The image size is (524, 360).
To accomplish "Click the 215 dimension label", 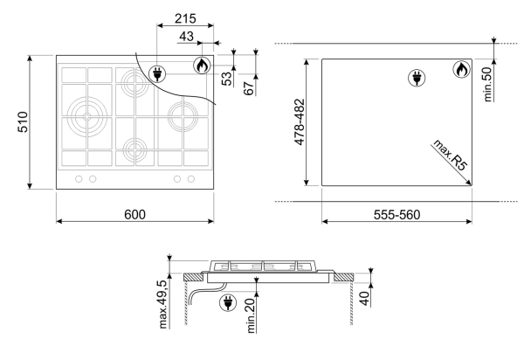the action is coord(185,18).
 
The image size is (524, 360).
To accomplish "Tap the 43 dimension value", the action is coord(186,37).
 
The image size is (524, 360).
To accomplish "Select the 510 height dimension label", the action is coord(23,122).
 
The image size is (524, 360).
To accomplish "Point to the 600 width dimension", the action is coord(134,215).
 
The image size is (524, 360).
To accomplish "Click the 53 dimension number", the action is coord(226,79).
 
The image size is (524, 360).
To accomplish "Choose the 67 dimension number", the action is coord(249,88).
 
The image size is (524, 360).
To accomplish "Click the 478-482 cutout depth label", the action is coord(300,122).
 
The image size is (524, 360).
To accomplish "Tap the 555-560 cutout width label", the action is coord(396,215).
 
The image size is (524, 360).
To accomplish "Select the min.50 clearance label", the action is coord(487,84).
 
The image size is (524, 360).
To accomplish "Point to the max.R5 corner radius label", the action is coord(450,155).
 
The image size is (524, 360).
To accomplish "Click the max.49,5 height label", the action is coord(162,304).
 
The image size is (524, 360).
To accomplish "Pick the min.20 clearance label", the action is coord(251,315).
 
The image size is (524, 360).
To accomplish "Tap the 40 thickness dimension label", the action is coord(364,298).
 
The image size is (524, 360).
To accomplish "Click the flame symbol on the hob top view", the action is coord(202,66).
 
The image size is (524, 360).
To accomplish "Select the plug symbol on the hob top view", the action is coord(157,73).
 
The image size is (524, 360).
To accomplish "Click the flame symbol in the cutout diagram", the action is coord(461,70).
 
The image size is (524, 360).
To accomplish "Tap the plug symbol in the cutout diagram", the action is coord(417,78).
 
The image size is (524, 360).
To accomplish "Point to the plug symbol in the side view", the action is coord(228,303).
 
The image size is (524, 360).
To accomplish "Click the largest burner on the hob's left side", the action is coord(86,117).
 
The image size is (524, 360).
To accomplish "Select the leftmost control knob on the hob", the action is coord(79,179).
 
